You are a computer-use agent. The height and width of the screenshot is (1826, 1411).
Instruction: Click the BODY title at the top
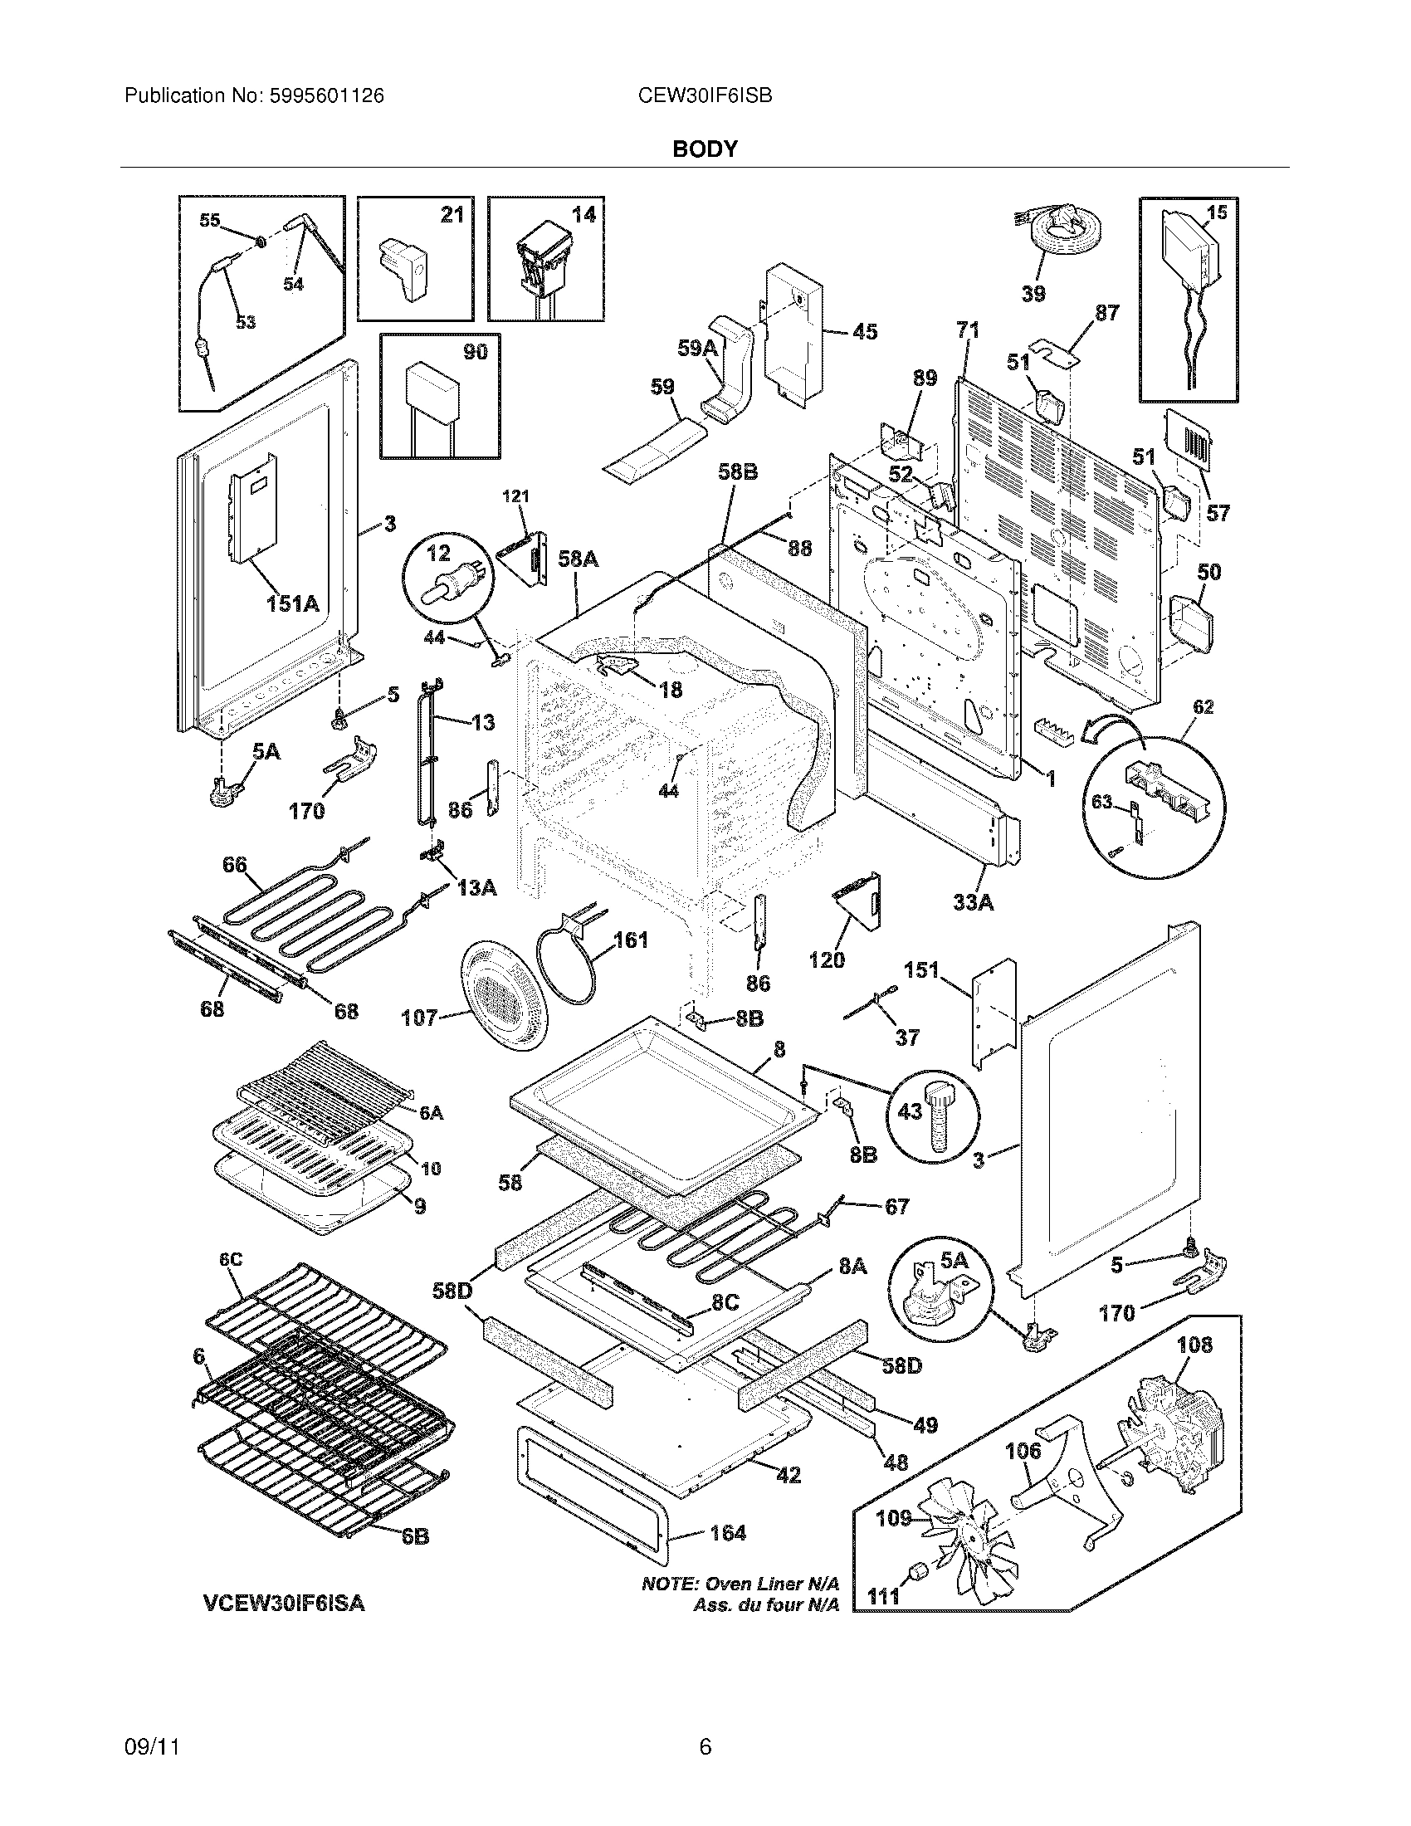pos(705,149)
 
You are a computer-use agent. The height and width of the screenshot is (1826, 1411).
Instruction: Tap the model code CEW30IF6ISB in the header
pos(704,96)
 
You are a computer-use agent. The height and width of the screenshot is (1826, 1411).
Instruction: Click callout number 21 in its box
pos(452,215)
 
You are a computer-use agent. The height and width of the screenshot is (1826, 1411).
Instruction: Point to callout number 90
pos(475,352)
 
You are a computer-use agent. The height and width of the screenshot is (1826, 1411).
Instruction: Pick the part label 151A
pos(292,603)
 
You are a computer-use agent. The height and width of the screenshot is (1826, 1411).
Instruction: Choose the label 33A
pos(973,902)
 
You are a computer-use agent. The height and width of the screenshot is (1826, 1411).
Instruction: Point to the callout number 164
pos(727,1532)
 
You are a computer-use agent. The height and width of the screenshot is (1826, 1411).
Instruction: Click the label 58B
pos(738,472)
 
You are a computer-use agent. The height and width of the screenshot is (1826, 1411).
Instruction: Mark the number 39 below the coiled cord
pos(1033,294)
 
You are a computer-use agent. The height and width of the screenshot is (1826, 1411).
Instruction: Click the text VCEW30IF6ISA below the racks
pos(284,1604)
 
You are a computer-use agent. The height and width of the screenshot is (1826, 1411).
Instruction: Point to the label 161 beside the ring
pos(630,940)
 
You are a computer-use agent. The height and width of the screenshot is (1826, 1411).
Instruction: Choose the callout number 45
pos(864,332)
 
